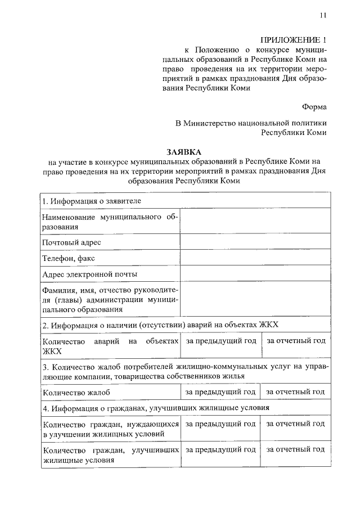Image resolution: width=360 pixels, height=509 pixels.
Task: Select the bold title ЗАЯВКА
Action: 183,152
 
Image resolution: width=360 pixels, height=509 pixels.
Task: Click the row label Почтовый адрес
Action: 71,242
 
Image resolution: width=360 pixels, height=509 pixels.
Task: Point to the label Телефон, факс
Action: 69,258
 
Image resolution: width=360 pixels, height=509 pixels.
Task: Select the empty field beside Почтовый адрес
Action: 255,242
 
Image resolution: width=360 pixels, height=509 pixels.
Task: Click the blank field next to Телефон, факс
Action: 255,258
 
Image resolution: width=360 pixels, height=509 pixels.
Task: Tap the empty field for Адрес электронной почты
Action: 255,274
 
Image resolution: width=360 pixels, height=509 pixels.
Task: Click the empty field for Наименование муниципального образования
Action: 255,222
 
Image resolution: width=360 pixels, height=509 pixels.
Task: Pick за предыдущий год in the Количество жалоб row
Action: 221,391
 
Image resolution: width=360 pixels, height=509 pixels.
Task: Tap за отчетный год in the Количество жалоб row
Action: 295,391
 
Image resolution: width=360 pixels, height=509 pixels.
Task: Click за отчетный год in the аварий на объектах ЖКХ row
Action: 295,341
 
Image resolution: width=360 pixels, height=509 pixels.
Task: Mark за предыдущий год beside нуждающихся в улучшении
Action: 221,424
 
